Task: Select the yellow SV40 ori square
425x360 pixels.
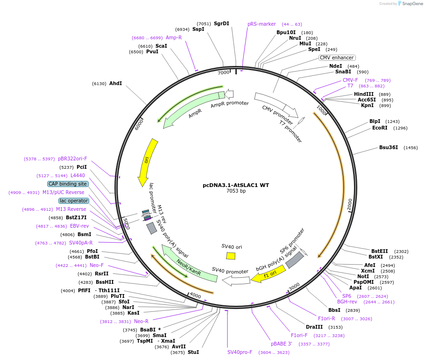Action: coord(231,256)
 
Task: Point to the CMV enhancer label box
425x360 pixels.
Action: coord(337,58)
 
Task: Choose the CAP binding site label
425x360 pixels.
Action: coord(68,184)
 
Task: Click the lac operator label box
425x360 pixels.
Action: coord(74,201)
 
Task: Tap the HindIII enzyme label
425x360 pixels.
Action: coord(364,94)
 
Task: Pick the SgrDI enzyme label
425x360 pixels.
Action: coord(221,23)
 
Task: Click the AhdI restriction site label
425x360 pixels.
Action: coord(115,83)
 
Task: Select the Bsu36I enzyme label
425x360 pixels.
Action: coord(389,147)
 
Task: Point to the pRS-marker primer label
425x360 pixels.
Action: coord(262,24)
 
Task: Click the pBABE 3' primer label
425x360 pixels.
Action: coord(282,344)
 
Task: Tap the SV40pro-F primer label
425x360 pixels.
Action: coord(240,352)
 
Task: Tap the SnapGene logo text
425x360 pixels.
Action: coord(412,4)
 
